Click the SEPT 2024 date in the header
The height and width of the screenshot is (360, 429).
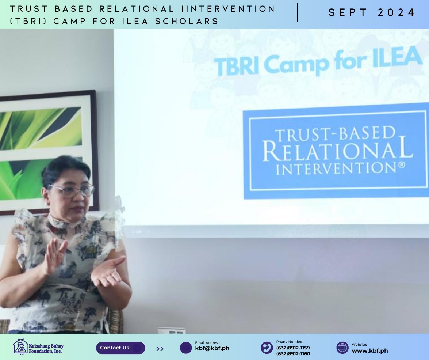[372, 12]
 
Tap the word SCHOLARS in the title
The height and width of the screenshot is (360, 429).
[187, 21]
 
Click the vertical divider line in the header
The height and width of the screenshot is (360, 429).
[298, 12]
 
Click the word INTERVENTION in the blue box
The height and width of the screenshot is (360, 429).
[336, 168]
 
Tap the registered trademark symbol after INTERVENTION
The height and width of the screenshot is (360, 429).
[401, 165]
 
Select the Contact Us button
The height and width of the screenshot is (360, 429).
[120, 348]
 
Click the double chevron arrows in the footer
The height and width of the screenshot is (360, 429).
[160, 349]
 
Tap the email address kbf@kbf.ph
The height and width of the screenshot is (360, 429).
[212, 349]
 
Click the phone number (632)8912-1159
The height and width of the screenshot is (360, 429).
[293, 348]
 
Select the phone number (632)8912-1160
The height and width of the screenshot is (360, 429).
[293, 354]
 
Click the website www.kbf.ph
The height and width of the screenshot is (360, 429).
[369, 351]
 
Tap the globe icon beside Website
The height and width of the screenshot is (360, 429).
[342, 348]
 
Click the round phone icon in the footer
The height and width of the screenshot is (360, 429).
[267, 348]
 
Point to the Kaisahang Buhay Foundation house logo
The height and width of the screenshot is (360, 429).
[20, 346]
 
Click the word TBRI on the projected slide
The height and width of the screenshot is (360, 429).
[236, 66]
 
